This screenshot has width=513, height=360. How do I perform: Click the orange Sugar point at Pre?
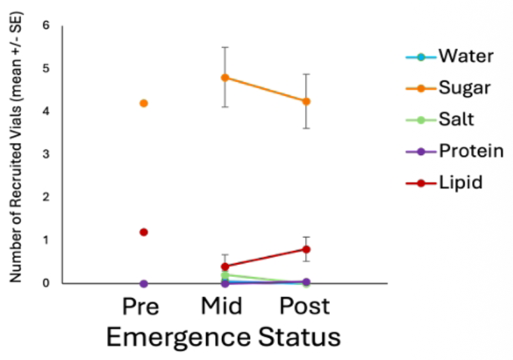[144, 103]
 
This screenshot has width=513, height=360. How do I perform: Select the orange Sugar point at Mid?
[225, 77]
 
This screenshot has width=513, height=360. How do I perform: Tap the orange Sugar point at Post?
[306, 101]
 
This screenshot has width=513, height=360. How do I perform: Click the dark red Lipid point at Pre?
[144, 232]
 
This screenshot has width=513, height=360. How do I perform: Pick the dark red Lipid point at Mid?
[225, 266]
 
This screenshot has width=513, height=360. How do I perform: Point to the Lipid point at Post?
[306, 249]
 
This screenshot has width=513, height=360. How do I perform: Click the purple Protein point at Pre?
[144, 283]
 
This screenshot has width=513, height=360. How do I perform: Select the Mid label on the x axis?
[221, 306]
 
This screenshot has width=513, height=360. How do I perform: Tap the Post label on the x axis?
[305, 306]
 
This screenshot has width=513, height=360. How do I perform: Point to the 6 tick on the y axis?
[45, 26]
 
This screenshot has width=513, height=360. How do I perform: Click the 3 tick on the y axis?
[45, 154]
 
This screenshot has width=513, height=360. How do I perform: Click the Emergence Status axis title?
[223, 337]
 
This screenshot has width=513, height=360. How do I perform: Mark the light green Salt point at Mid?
[225, 275]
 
